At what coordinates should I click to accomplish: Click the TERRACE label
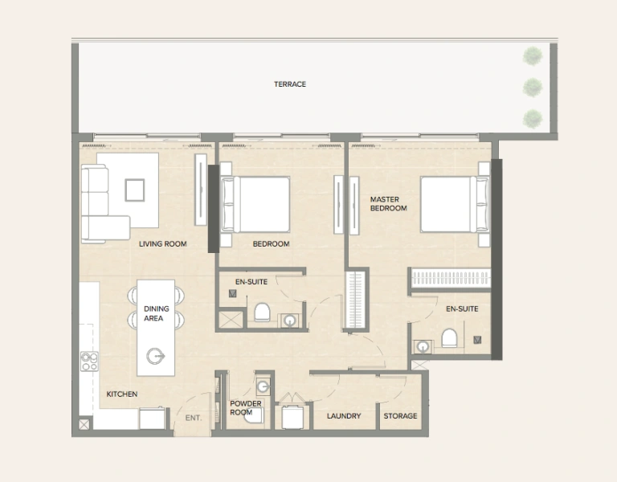289,84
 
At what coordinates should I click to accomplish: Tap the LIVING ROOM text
162,243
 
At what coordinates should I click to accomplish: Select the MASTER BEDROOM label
388,203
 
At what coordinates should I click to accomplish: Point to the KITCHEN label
122,394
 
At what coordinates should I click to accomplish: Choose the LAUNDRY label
343,416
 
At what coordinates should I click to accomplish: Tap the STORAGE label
400,416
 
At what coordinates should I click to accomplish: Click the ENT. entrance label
193,418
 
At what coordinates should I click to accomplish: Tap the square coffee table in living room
134,190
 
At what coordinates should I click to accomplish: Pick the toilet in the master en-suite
448,338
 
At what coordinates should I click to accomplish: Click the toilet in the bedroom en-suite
261,311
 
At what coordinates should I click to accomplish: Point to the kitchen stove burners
89,361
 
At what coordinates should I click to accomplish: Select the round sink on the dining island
155,356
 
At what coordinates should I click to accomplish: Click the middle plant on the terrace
532,86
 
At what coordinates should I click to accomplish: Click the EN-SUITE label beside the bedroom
251,281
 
